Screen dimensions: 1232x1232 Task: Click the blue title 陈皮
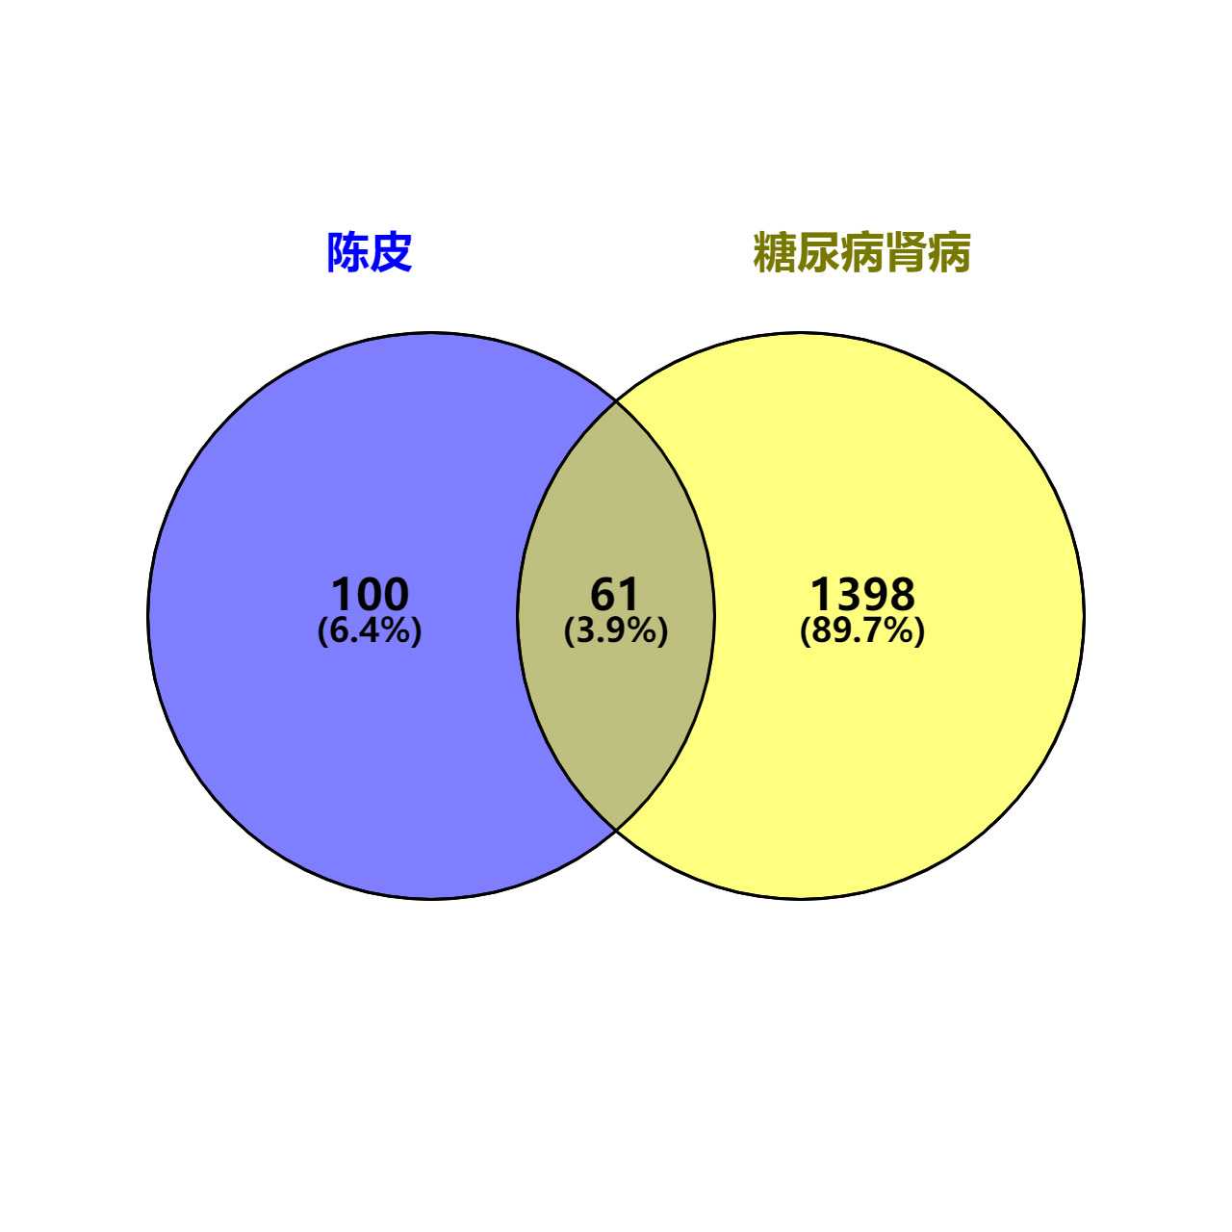pos(370,252)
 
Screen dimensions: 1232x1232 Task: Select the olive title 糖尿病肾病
pos(861,252)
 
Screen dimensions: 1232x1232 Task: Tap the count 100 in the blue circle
pos(370,594)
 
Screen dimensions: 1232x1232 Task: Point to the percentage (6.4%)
pos(370,631)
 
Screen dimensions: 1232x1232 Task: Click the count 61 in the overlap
pos(615,594)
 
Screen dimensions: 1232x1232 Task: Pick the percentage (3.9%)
pos(615,631)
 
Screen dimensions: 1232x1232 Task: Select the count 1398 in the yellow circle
pos(861,594)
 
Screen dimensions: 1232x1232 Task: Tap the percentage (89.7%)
pos(861,631)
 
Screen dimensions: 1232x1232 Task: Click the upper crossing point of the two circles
pos(616,401)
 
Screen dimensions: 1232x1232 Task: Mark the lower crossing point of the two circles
pos(616,829)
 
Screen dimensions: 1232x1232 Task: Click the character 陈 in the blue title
pos(347,252)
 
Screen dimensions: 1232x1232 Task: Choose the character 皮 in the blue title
pos(392,252)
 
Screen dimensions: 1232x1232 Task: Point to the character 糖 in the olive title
pos(774,252)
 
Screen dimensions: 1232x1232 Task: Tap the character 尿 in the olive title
pos(818,252)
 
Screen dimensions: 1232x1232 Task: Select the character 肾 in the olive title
pos(906,252)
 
